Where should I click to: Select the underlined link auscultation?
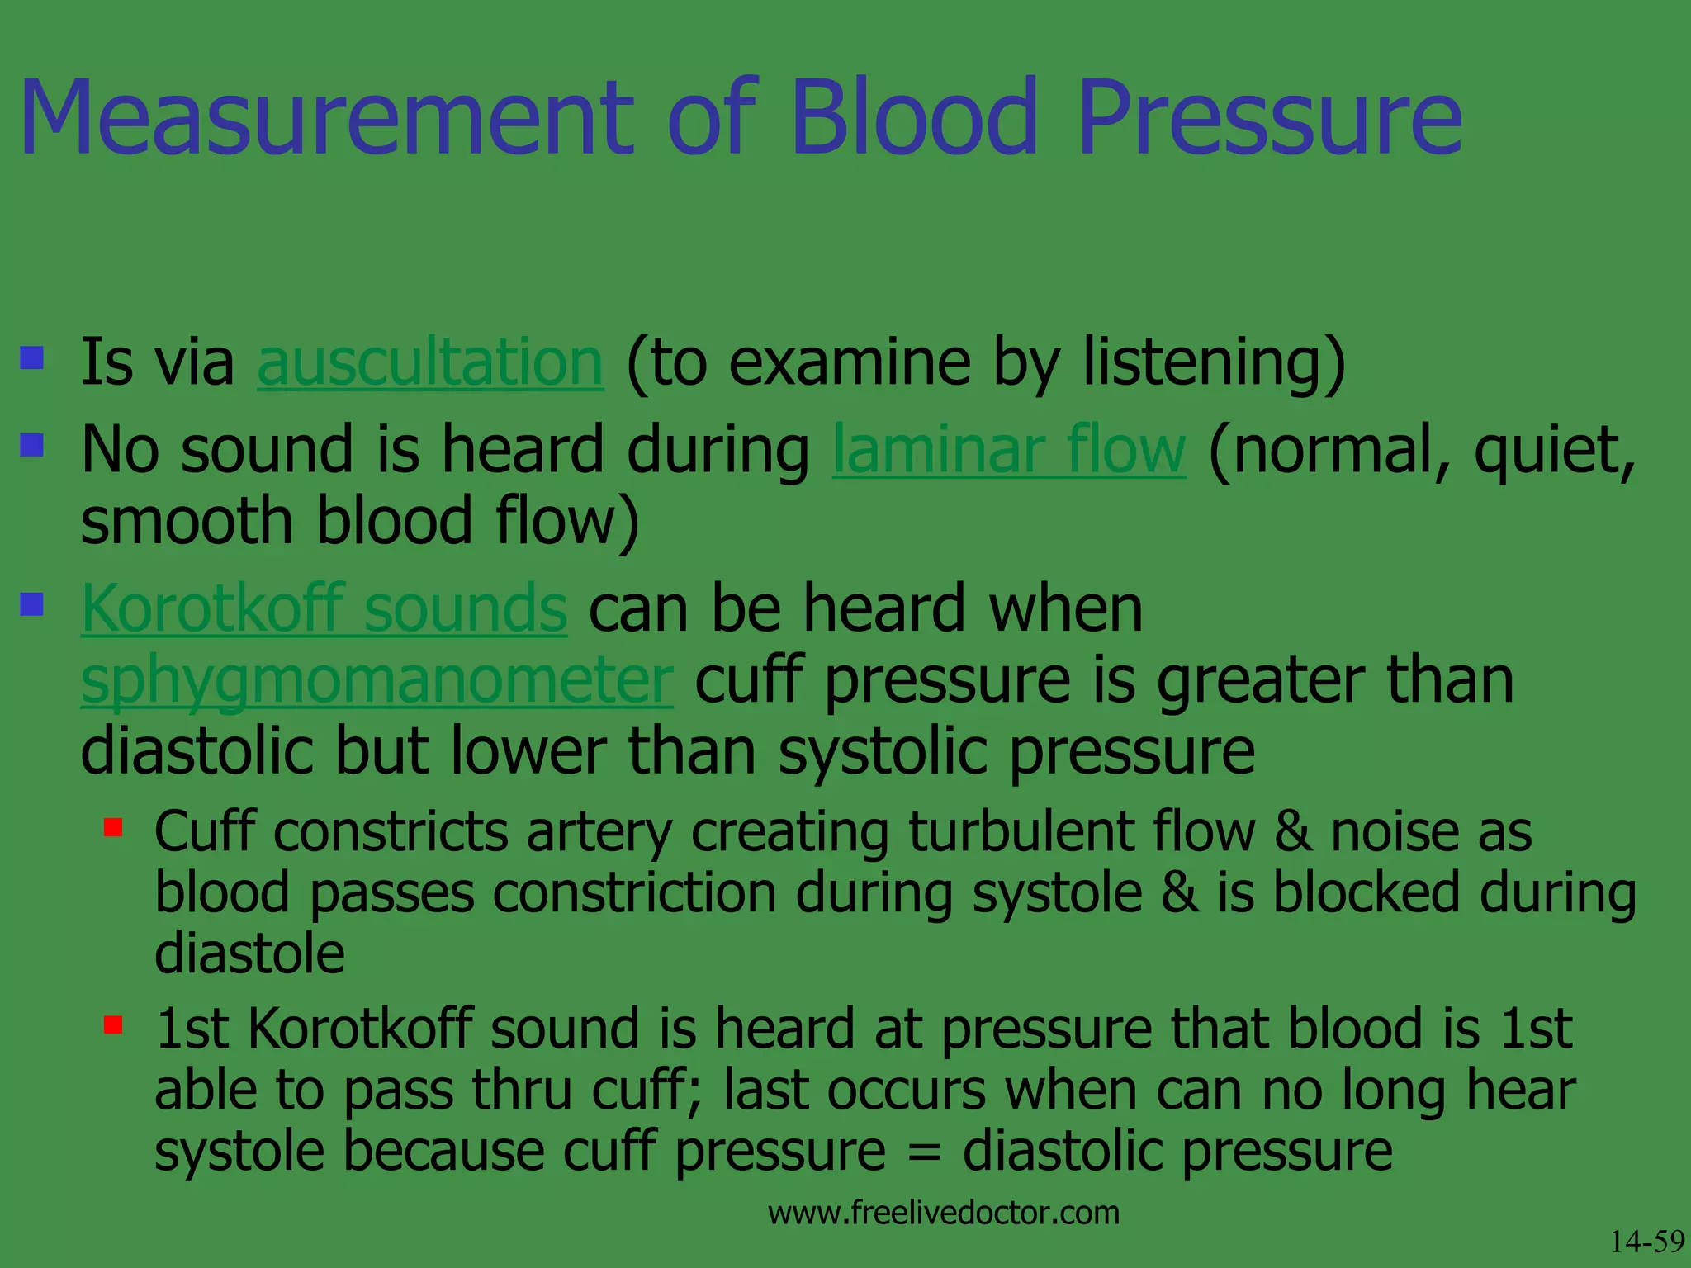(430, 362)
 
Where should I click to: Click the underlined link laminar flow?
(1008, 451)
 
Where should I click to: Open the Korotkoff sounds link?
(324, 608)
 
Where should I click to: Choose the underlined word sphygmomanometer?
(377, 681)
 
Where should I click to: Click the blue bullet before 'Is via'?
(32, 357)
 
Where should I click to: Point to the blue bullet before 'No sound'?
(32, 446)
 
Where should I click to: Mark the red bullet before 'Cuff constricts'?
(113, 827)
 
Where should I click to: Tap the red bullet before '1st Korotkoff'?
(113, 1024)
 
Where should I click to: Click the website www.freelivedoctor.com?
(943, 1213)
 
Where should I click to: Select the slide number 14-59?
(1646, 1242)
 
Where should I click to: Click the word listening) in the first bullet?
(1214, 362)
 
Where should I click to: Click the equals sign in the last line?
(923, 1152)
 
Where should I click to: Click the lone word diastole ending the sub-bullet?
(249, 953)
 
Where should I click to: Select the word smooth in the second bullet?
(187, 522)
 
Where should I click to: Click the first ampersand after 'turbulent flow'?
(1292, 831)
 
